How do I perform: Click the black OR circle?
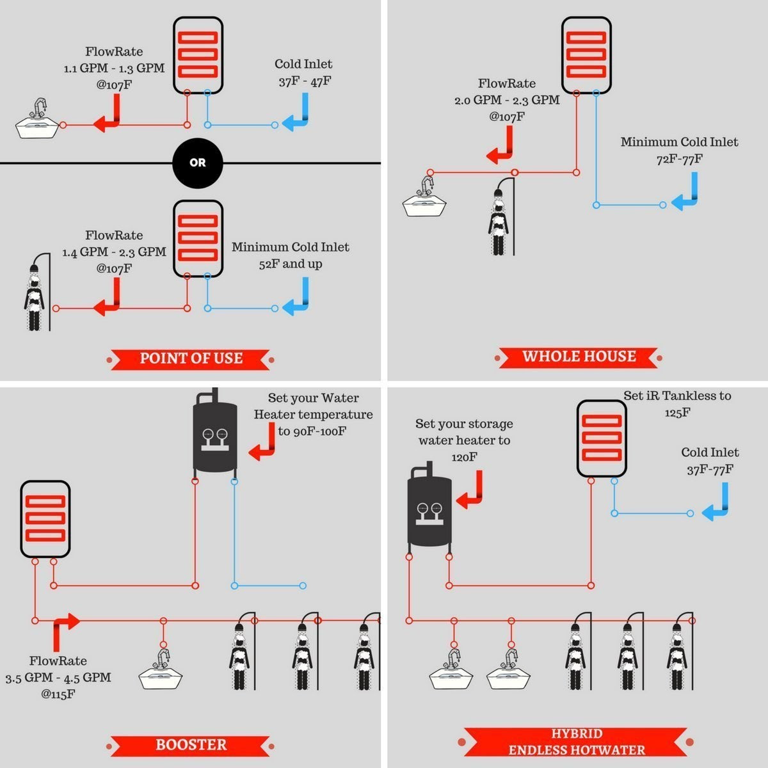click(x=198, y=163)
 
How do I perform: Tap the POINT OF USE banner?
click(x=191, y=358)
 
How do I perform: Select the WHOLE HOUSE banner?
click(x=579, y=356)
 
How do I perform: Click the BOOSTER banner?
click(x=191, y=744)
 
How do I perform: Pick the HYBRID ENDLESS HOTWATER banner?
click(x=576, y=742)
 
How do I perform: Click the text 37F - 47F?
click(x=305, y=81)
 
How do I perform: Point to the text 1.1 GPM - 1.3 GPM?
click(x=114, y=68)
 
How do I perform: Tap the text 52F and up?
click(x=291, y=264)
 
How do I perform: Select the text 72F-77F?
click(x=679, y=159)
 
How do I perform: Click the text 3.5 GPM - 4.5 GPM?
click(x=58, y=677)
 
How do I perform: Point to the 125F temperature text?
click(x=677, y=413)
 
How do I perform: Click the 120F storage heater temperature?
click(x=464, y=457)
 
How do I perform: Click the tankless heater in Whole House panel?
click(x=586, y=55)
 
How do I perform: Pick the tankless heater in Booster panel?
click(x=45, y=518)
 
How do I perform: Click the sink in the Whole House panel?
click(x=424, y=200)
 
